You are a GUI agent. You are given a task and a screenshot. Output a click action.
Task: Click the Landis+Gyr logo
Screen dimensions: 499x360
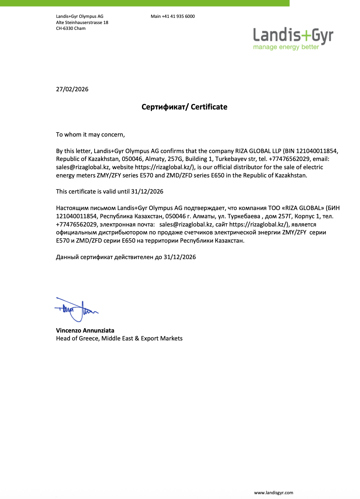293,36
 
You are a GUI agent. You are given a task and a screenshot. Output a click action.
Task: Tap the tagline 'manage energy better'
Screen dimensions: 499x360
286,47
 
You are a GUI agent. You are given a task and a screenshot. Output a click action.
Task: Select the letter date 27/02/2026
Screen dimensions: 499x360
72,89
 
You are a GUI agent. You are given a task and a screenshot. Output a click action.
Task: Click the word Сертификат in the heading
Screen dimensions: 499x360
163,107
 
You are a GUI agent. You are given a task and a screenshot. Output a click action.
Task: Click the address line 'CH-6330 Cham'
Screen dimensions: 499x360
71,28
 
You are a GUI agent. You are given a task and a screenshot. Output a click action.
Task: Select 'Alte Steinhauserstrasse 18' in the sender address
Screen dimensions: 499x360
82,23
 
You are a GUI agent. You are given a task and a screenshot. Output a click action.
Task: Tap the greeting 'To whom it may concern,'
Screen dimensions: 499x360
90,135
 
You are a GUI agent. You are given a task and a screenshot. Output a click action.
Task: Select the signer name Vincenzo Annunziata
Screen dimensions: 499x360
85,330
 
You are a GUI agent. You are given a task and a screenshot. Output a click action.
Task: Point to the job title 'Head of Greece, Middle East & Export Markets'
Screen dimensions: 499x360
119,338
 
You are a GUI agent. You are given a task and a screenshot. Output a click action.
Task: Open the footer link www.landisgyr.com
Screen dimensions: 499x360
273,493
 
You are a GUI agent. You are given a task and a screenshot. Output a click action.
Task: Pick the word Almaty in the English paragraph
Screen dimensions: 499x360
155,159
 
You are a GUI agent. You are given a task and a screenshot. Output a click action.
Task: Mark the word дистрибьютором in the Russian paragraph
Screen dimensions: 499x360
123,232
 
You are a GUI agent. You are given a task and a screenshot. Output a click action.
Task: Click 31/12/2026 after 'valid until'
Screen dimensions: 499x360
147,192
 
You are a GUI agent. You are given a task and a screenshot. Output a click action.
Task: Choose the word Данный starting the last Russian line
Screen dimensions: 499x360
67,257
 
